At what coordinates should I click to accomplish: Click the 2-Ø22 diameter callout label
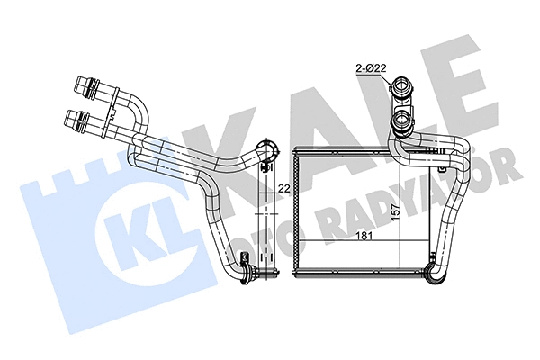[x=371, y=68]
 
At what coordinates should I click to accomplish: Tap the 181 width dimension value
[x=364, y=236]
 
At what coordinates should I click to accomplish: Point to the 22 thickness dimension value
[x=284, y=188]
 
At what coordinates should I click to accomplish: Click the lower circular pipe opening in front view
[x=402, y=121]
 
